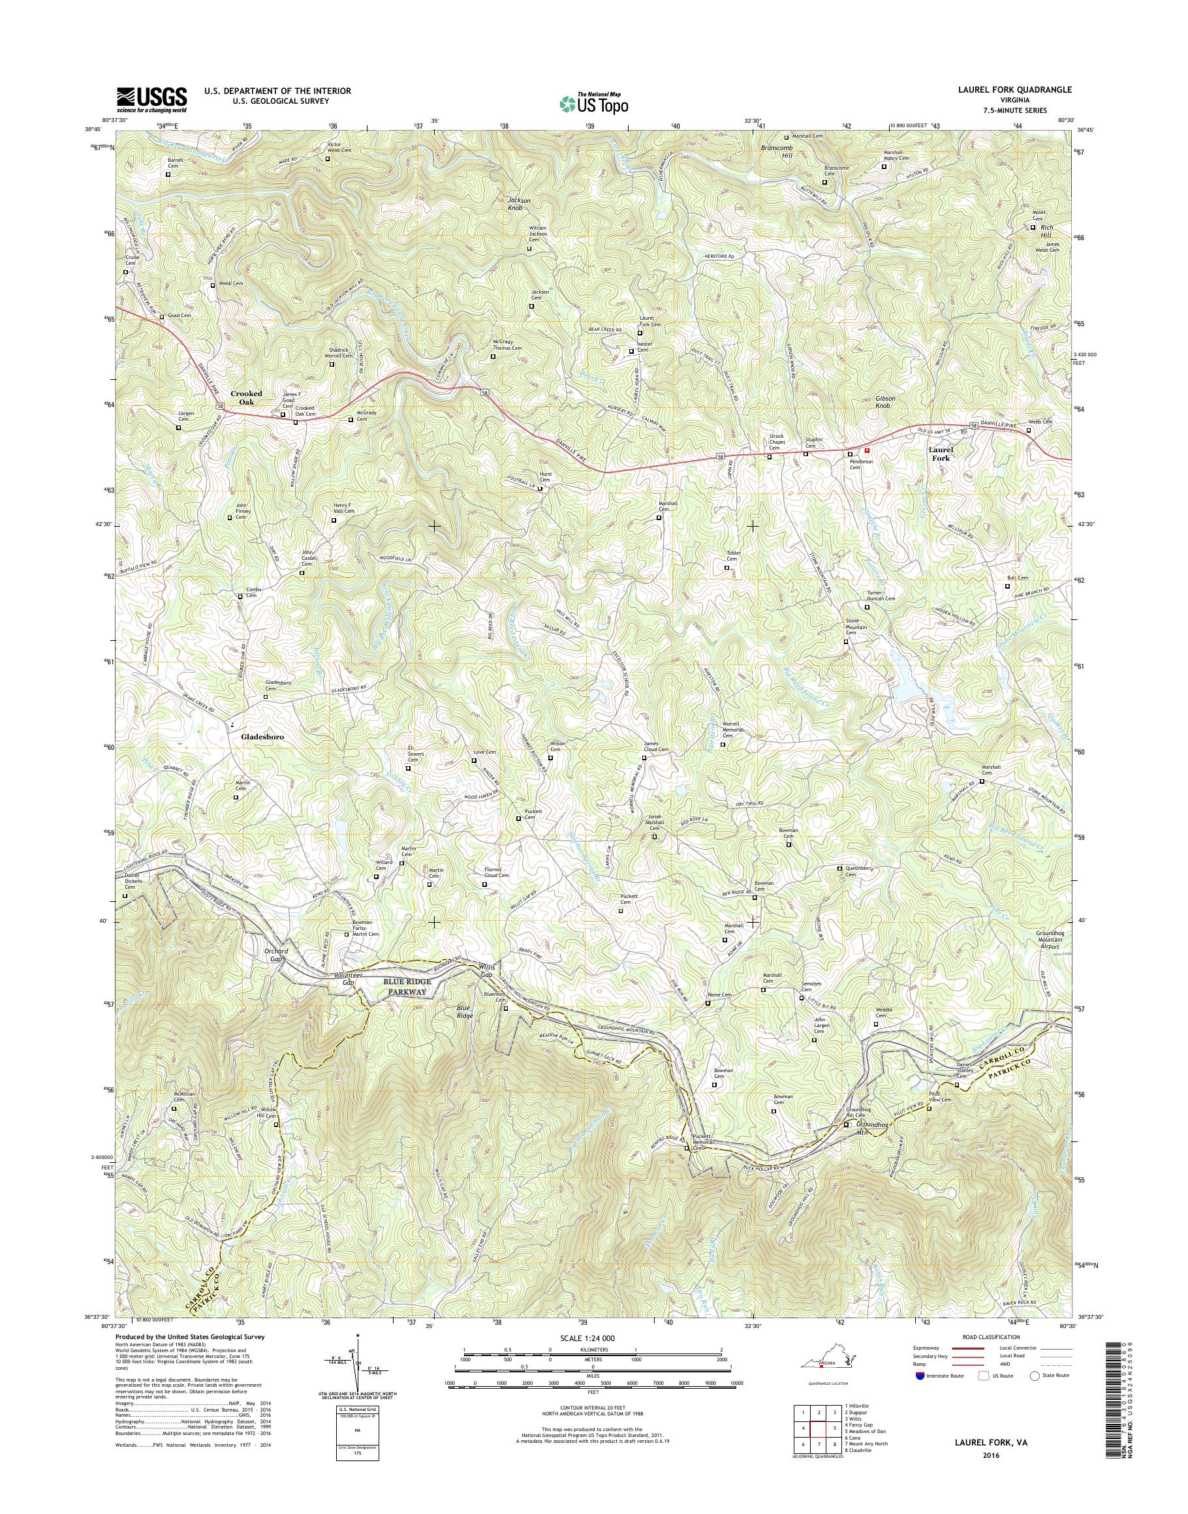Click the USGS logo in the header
[151, 99]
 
